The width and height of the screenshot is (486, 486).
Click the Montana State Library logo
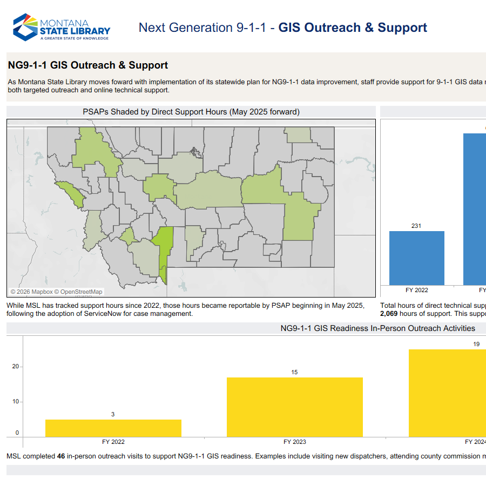[x=62, y=27]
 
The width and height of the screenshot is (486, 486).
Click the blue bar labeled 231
[x=416, y=258]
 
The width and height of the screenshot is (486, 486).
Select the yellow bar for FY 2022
[x=113, y=428]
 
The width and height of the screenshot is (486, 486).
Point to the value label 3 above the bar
[x=113, y=414]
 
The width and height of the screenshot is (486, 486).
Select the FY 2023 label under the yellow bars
[x=294, y=442]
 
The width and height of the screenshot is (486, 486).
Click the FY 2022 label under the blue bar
[x=416, y=290]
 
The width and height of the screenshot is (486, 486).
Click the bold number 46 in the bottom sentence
[x=61, y=456]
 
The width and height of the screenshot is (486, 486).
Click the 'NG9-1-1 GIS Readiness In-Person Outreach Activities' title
[x=377, y=328]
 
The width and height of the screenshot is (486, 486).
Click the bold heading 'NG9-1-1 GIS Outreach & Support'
[x=88, y=65]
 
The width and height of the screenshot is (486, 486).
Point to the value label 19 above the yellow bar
[x=476, y=344]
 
